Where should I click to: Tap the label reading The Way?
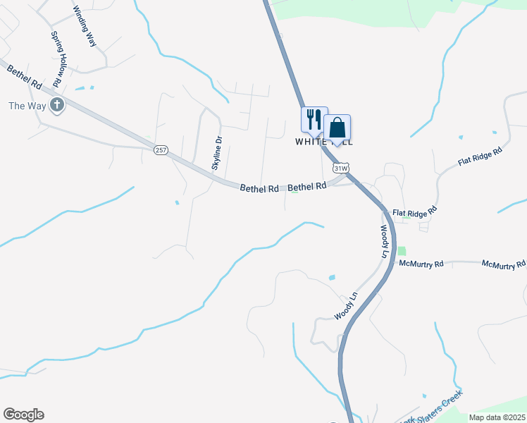(x=26, y=106)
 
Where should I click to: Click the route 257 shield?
(x=161, y=150)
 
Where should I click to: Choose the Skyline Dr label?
(x=217, y=153)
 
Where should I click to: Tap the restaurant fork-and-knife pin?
(x=314, y=118)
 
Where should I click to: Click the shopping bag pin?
(x=337, y=128)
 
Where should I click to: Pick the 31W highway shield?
(x=341, y=168)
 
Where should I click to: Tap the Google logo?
(x=23, y=415)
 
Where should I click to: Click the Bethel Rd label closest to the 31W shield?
(x=307, y=186)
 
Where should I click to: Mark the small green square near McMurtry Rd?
(x=402, y=250)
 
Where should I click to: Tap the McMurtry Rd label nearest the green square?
(x=421, y=264)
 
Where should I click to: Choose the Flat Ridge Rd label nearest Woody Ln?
(x=415, y=211)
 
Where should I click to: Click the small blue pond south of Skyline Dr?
(x=177, y=203)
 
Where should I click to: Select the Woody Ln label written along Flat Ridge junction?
(x=385, y=241)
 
